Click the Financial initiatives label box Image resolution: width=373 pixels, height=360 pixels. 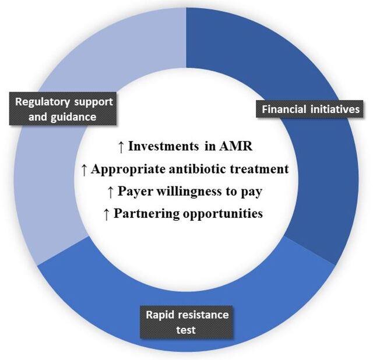[309, 109]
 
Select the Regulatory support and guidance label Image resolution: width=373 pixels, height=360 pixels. [63, 108]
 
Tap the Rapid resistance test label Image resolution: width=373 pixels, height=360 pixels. [186, 322]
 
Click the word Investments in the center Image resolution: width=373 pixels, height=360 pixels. [163, 146]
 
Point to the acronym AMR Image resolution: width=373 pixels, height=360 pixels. [235, 146]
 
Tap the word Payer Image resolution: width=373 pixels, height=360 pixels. [135, 192]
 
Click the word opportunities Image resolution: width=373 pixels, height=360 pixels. [223, 214]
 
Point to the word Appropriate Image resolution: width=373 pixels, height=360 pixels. [128, 170]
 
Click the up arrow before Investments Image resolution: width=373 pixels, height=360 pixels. [121, 147]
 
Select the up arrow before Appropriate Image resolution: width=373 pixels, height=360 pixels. [84, 170]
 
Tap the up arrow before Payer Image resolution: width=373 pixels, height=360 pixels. [110, 192]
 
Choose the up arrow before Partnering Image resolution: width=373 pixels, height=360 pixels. [107, 214]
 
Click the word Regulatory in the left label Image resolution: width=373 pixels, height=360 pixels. [43, 103]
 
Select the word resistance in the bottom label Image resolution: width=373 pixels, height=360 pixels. [203, 315]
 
